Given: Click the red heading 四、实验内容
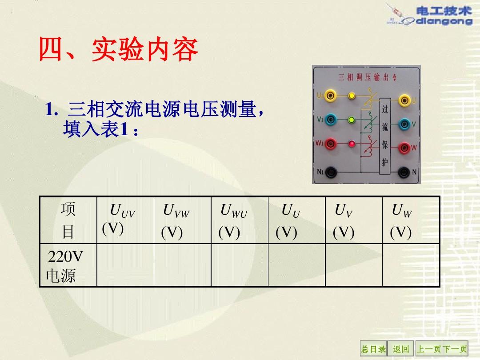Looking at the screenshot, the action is pos(119,50).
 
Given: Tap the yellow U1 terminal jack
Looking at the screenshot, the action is pos(330,96).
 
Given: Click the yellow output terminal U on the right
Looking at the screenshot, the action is pos(404,100).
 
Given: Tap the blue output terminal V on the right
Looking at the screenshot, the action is pos(404,124).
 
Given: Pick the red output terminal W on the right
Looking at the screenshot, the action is pos(404,148).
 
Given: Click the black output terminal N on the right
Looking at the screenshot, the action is pos(404,172).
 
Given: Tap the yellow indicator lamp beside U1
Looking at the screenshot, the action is pos(352,96).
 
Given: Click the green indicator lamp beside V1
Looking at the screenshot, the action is pos(352,120).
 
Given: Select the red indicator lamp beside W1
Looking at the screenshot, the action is pos(352,143).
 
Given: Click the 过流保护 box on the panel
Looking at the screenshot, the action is pos(385,136).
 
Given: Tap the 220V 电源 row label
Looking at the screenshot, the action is pos(64,266).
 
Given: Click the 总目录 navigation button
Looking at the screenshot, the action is pos(373,349).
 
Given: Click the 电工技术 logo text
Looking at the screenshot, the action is pos(444,11).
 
